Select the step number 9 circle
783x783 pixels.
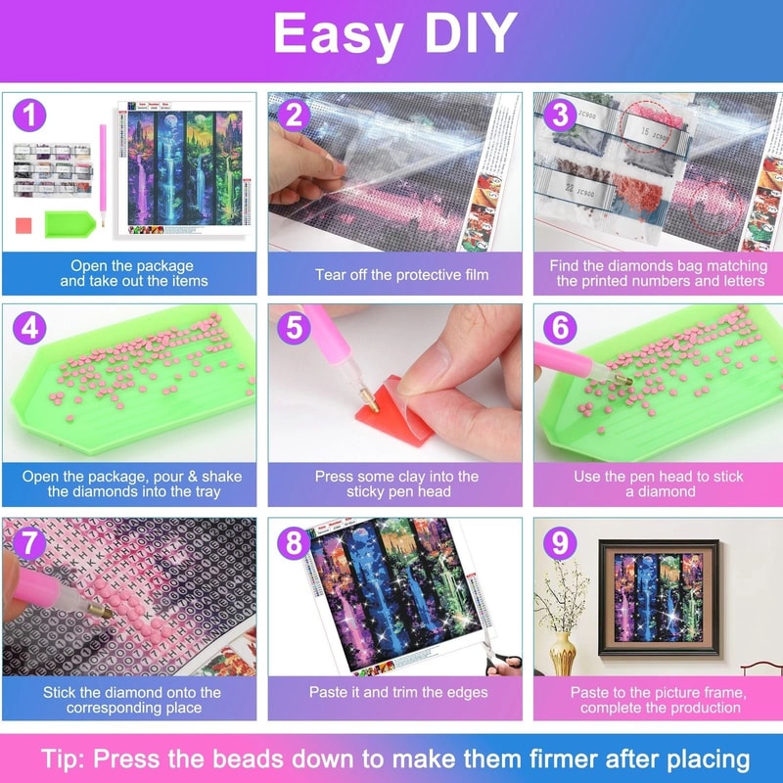(559, 540)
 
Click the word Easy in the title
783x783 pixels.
(330, 36)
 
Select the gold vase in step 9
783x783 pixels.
(563, 651)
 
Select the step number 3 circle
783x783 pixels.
(559, 116)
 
